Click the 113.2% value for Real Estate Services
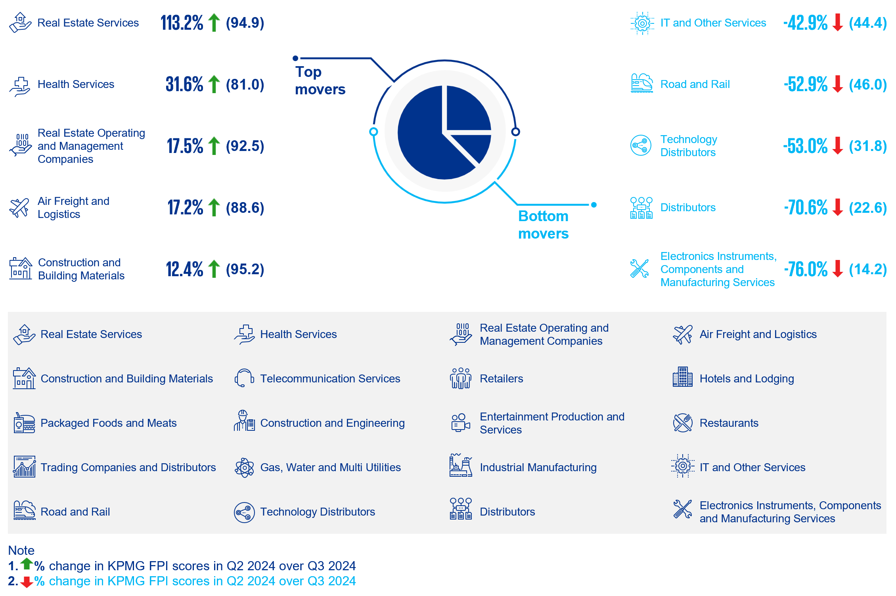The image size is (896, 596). (182, 23)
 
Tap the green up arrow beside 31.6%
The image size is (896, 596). (214, 84)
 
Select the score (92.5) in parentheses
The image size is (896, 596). (245, 146)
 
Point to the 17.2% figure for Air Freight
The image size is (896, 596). (185, 207)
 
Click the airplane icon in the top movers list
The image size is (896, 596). (19, 208)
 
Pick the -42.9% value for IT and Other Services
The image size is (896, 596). (805, 23)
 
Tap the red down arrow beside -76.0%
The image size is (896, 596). (838, 269)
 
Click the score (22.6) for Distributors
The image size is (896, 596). (867, 207)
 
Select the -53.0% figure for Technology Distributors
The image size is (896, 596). (805, 146)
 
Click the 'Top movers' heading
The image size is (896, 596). (320, 80)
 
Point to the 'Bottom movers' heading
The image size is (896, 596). (543, 225)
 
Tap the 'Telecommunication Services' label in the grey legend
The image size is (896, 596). (330, 378)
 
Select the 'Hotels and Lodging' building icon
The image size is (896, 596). (682, 377)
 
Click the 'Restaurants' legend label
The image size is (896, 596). (729, 423)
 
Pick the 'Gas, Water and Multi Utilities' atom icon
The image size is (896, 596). (244, 468)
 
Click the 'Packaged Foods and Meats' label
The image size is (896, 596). (108, 423)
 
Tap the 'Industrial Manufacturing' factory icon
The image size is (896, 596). (461, 466)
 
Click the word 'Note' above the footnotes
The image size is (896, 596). (21, 550)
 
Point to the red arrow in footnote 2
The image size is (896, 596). (27, 582)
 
